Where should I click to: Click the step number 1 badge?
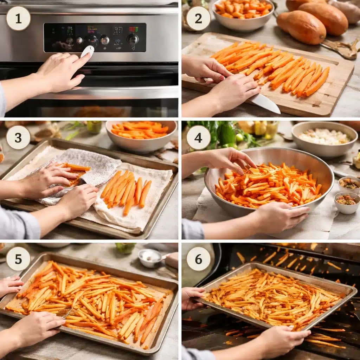click(18, 18)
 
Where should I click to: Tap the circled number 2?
click(198, 18)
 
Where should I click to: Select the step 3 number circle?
click(18, 137)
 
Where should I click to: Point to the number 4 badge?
click(198, 137)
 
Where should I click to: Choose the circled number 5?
click(18, 259)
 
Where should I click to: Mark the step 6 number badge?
click(198, 259)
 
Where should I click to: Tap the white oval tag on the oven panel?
click(88, 51)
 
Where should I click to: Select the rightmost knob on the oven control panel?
click(133, 39)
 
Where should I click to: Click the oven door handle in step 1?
click(105, 93)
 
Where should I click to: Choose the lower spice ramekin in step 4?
click(347, 202)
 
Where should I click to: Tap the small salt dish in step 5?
click(150, 257)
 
